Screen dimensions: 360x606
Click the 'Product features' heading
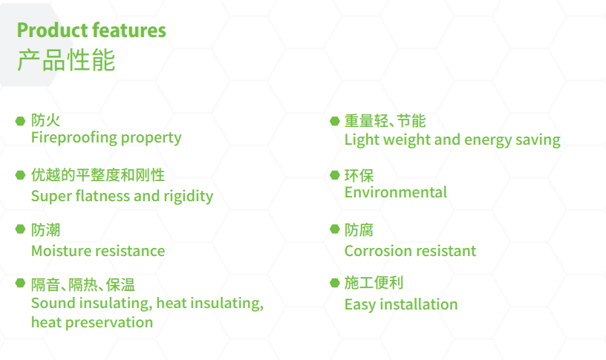pos(91,30)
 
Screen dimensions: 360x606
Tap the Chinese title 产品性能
pos(66,60)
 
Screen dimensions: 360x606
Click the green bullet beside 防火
pos(21,120)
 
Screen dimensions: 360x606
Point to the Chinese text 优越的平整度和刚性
pos(97,175)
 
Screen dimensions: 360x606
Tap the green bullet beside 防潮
pos(21,230)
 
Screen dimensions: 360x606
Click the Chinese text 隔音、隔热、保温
pos(82,284)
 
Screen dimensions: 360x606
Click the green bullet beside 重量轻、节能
pos(334,121)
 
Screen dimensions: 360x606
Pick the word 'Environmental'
pos(395,192)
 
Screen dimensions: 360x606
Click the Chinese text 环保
pos(359,175)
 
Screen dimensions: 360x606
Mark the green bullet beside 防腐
pos(334,230)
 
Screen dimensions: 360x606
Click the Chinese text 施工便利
pos(374,283)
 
